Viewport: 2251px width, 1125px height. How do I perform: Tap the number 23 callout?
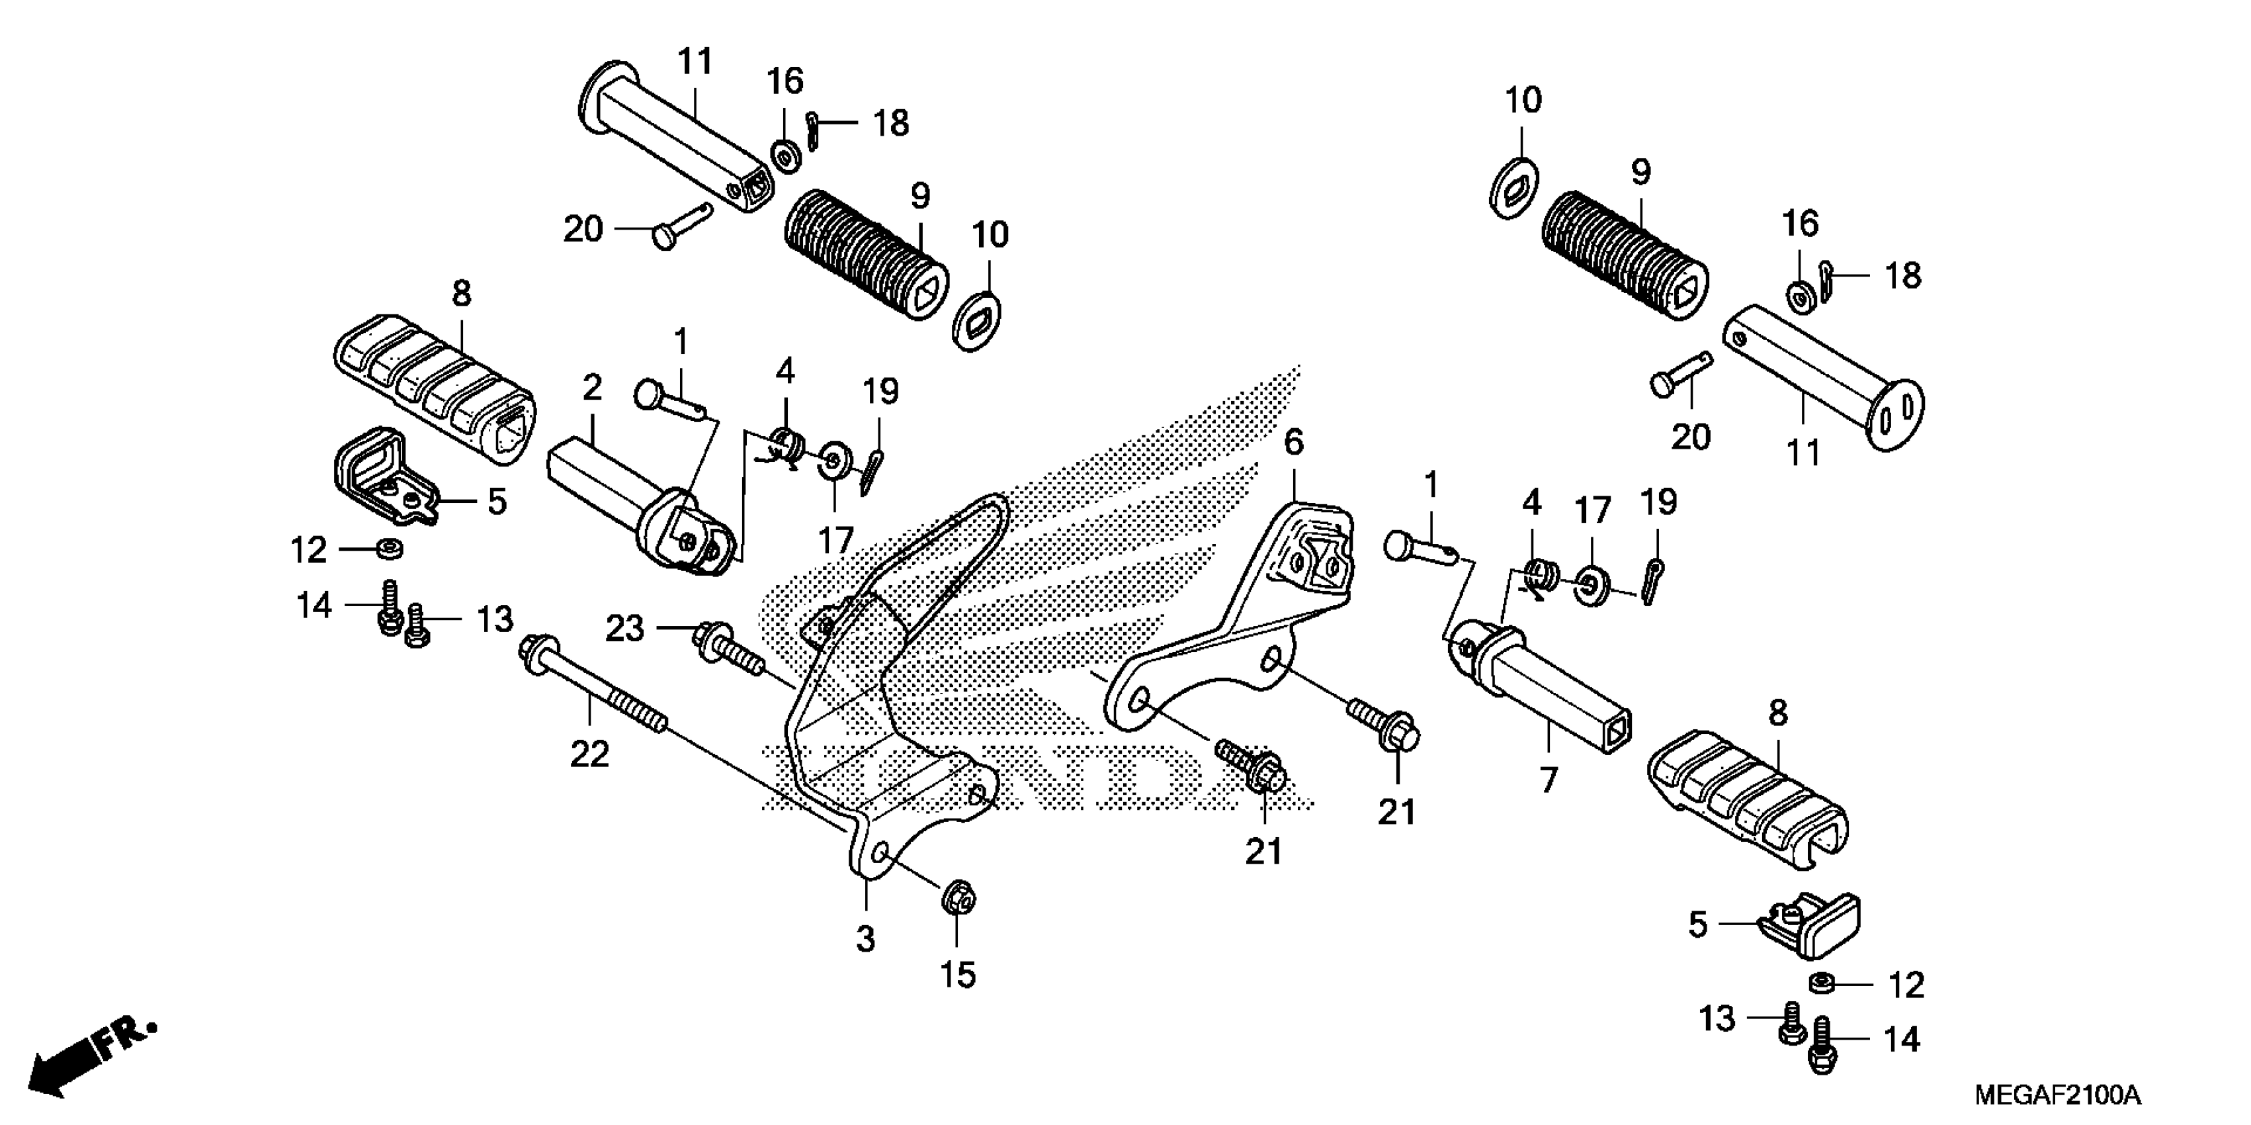coord(625,629)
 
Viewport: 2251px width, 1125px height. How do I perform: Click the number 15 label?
coord(958,975)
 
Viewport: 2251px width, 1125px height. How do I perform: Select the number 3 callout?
coord(865,940)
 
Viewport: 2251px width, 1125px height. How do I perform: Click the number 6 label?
coord(1293,443)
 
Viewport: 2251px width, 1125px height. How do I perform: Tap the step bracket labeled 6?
coord(1250,629)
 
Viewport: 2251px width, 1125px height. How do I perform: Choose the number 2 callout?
coord(593,388)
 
